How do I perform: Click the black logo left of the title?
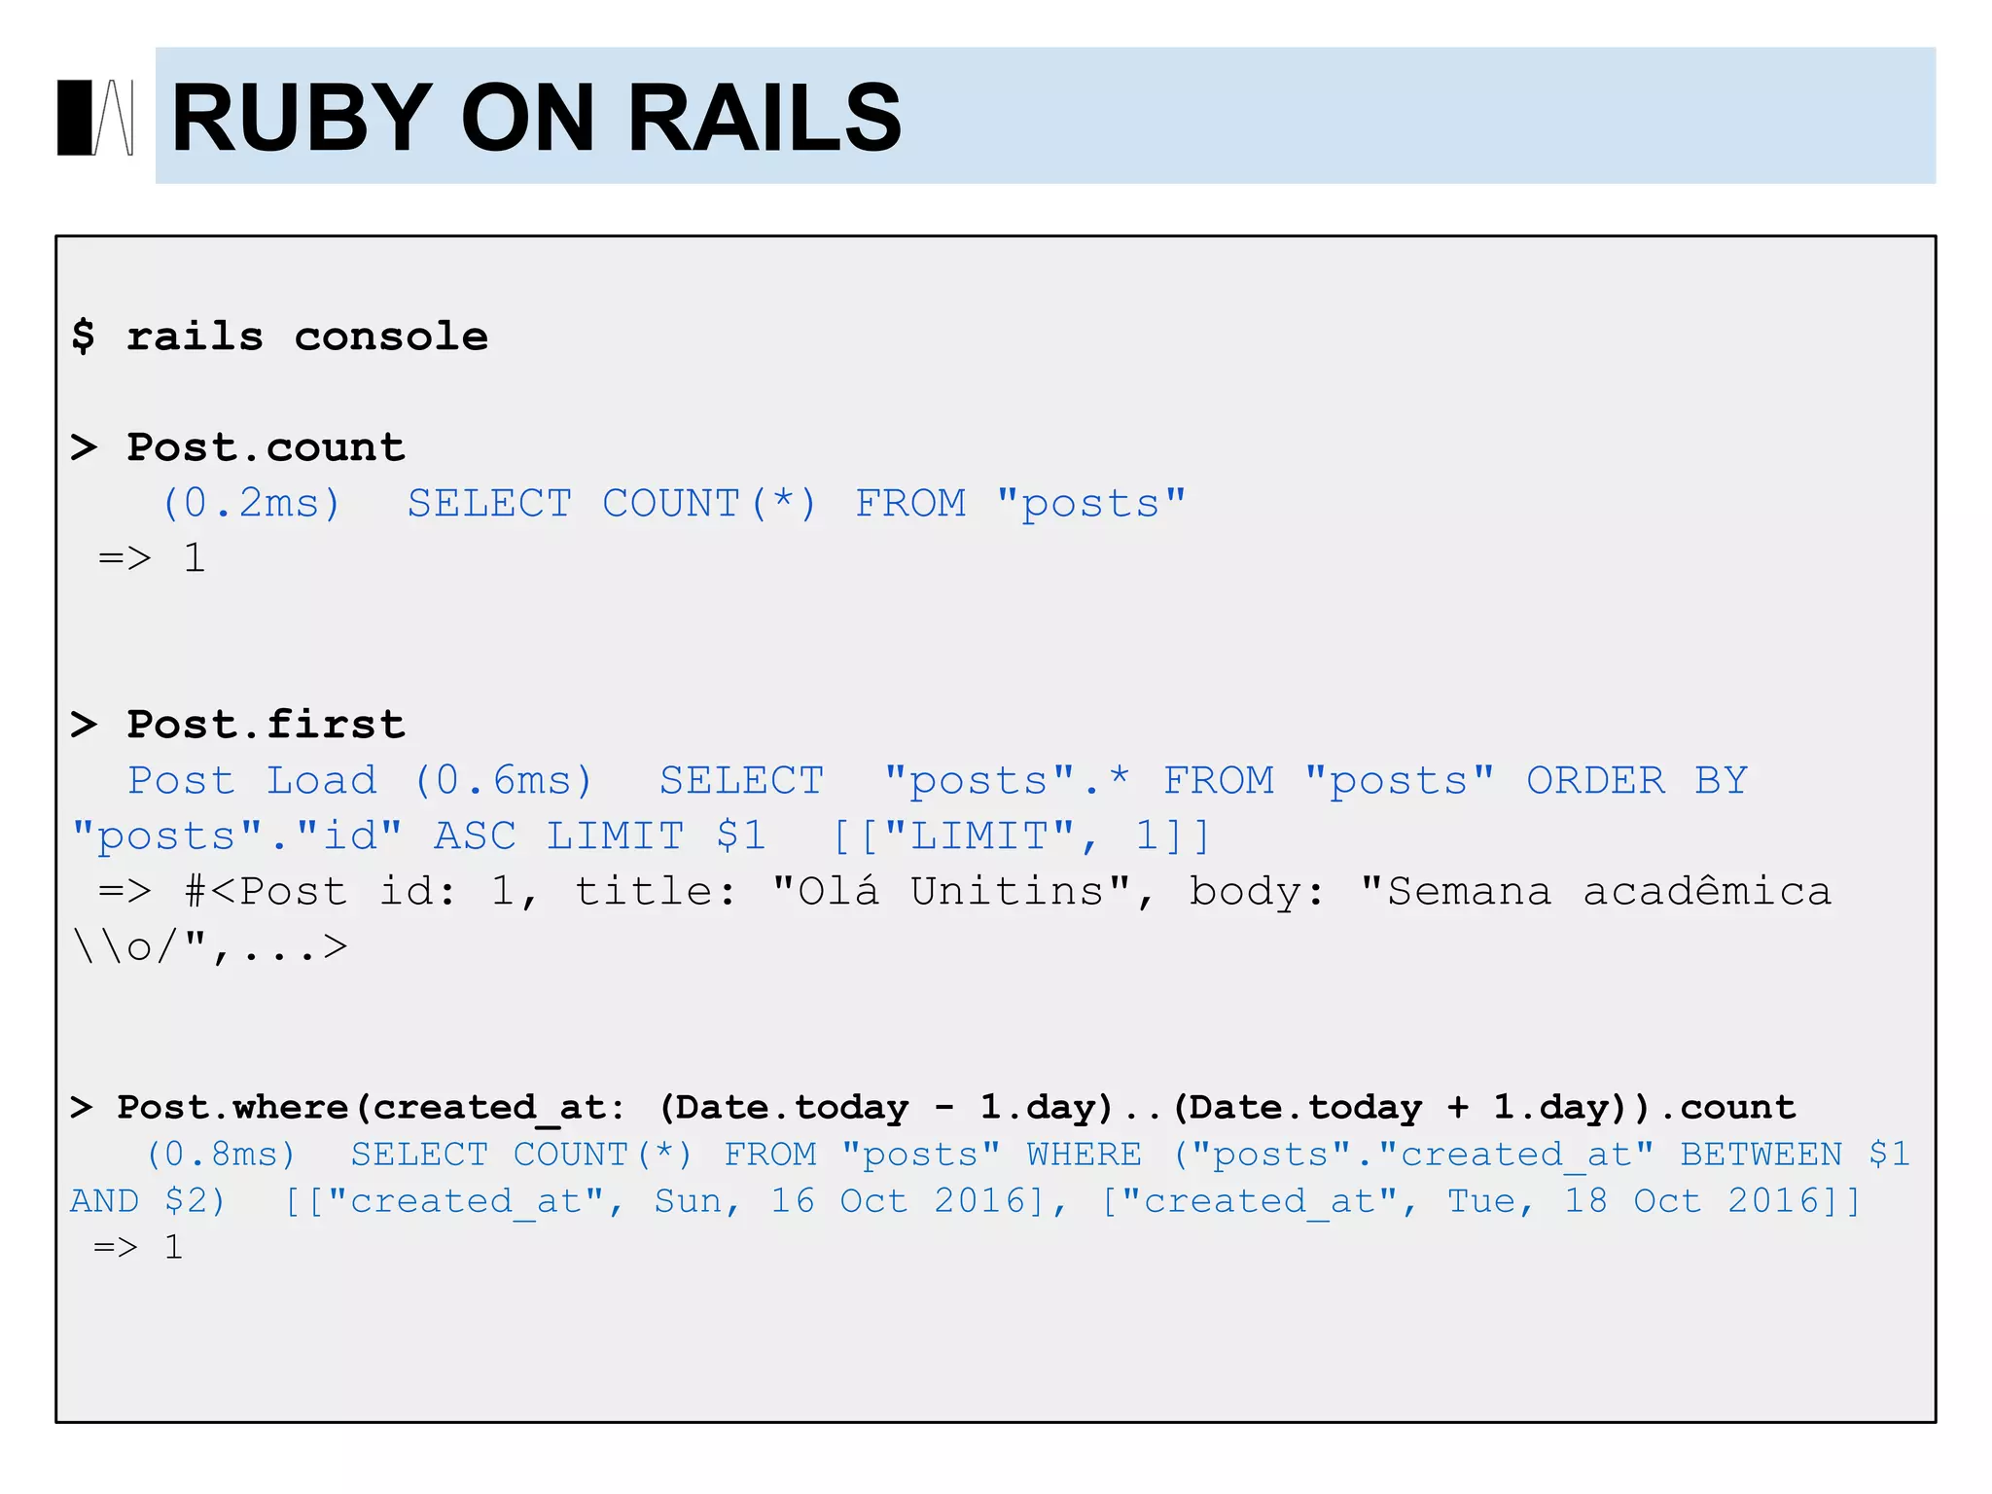pyautogui.click(x=95, y=118)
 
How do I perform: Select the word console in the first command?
pyautogui.click(x=391, y=337)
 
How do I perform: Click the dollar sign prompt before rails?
pyautogui.click(x=84, y=337)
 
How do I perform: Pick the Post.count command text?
pyautogui.click(x=266, y=447)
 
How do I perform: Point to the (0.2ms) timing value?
pyautogui.click(x=252, y=503)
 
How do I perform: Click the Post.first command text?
pyautogui.click(x=266, y=725)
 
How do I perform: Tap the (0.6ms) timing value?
pyautogui.click(x=504, y=780)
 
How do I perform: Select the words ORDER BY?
pyautogui.click(x=1637, y=780)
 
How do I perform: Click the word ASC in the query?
pyautogui.click(x=475, y=836)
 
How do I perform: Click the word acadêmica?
pyautogui.click(x=1707, y=891)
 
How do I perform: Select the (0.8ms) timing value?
pyautogui.click(x=221, y=1154)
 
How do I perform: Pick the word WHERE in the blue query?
pyautogui.click(x=1084, y=1154)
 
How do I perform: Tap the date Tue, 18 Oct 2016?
pyautogui.click(x=1635, y=1200)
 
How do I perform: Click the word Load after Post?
pyautogui.click(x=322, y=780)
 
